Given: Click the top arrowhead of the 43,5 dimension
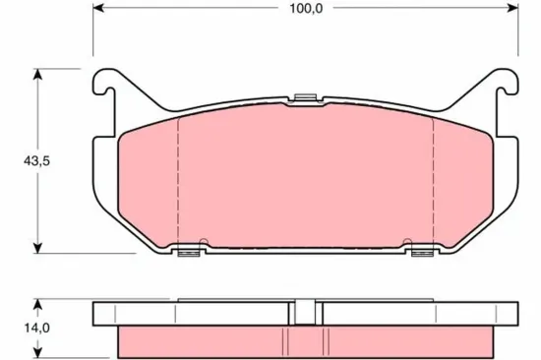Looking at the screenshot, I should click(38, 74).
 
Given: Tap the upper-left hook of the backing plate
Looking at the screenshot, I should click(106, 89).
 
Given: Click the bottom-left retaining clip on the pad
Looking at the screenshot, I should click(186, 253).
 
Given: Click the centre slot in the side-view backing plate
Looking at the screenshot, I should click(304, 312).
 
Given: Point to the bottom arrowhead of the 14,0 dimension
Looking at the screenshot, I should click(38, 353).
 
